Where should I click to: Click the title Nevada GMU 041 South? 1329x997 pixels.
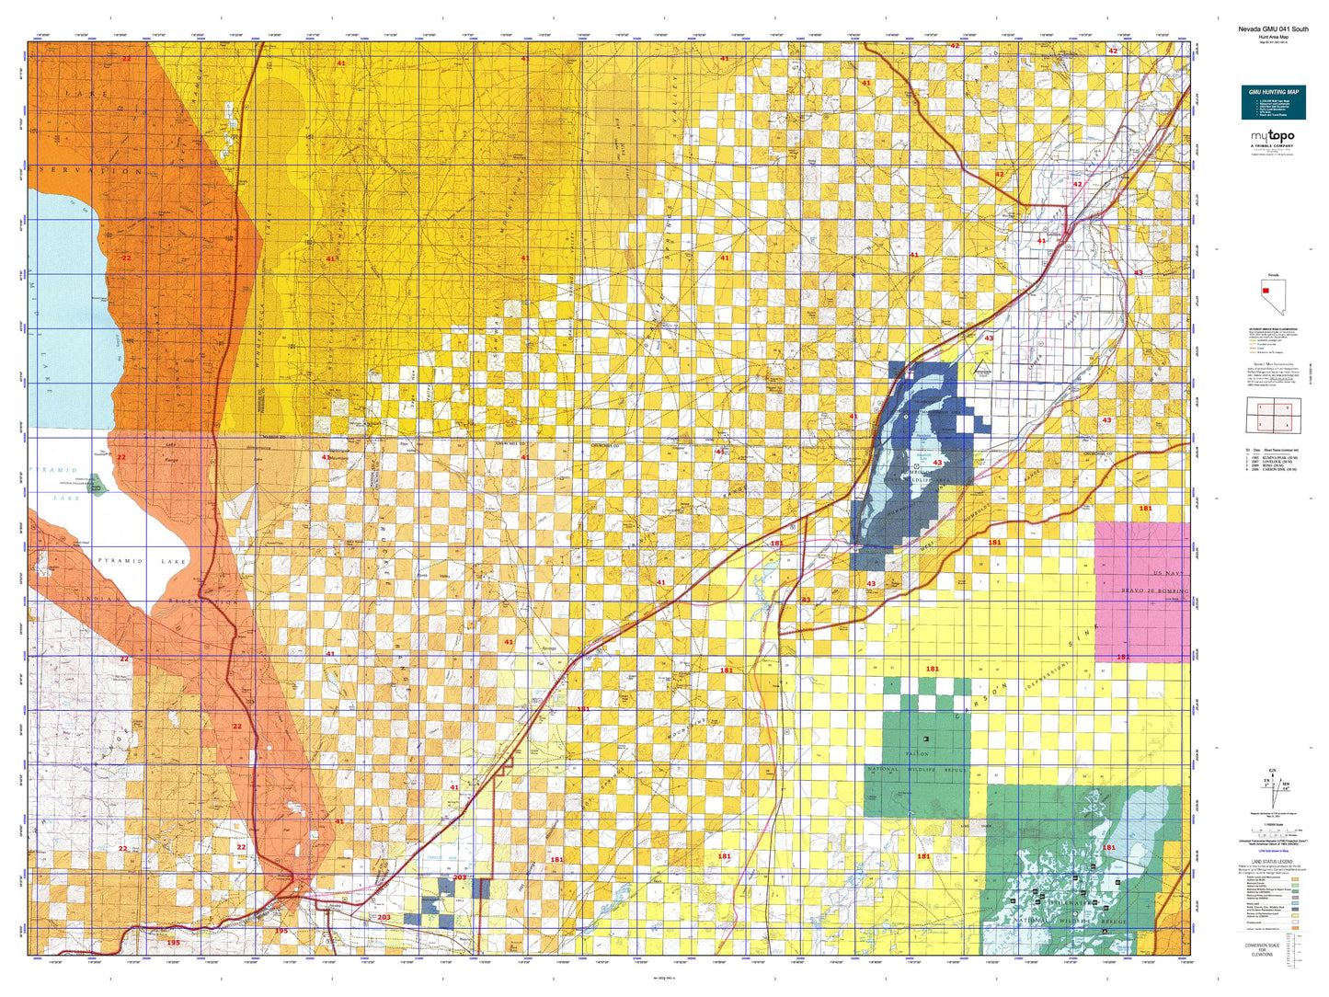[x=1273, y=29]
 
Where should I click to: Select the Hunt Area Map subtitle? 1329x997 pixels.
[x=1273, y=37]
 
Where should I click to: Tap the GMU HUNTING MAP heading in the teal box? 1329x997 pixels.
[x=1273, y=92]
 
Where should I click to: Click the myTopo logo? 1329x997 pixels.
[x=1273, y=137]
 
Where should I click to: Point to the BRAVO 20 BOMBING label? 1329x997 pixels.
[x=1154, y=590]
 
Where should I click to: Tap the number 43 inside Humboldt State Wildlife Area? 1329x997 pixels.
[x=937, y=463]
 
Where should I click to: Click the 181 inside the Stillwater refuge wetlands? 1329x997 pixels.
[x=1108, y=848]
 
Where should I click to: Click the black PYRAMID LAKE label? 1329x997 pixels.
[x=143, y=561]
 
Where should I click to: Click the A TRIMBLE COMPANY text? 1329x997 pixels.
[x=1273, y=145]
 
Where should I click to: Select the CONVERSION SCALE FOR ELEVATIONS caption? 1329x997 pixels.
[x=1262, y=949]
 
